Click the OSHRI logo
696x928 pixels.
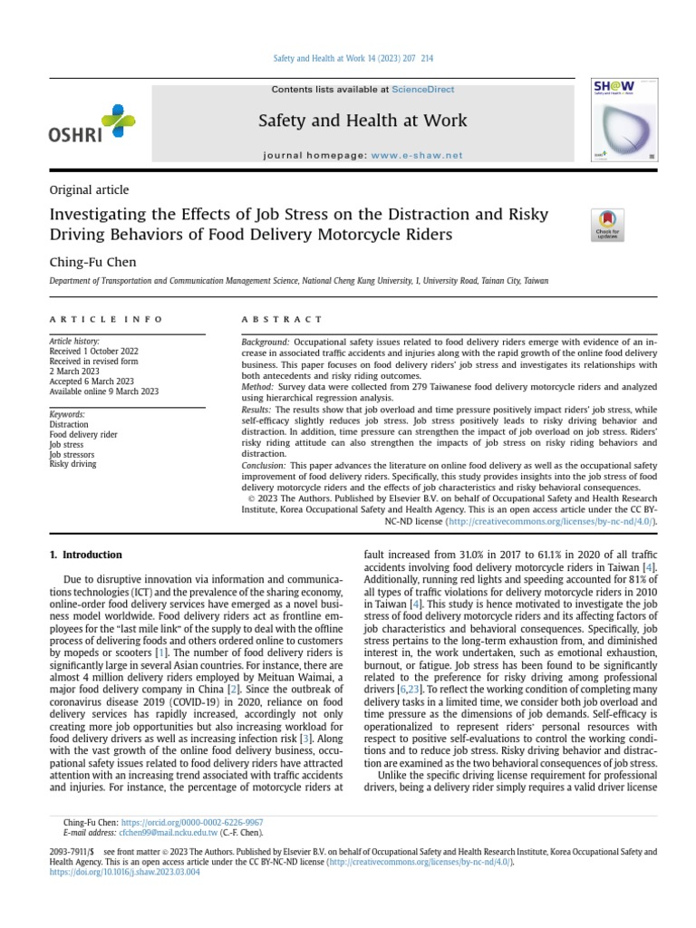pos(92,125)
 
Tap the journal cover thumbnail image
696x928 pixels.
pos(624,121)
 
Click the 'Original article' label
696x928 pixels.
pos(89,190)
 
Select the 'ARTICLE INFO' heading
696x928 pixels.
pos(106,319)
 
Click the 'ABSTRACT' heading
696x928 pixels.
pos(281,319)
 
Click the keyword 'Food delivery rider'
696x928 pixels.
pos(83,435)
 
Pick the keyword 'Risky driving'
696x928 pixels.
pos(72,464)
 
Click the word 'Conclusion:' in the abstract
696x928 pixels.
pos(264,465)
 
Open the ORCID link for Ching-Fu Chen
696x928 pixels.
pos(191,823)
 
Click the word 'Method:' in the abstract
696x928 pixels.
pos(257,385)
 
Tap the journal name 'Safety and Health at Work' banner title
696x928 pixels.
pos(362,121)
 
